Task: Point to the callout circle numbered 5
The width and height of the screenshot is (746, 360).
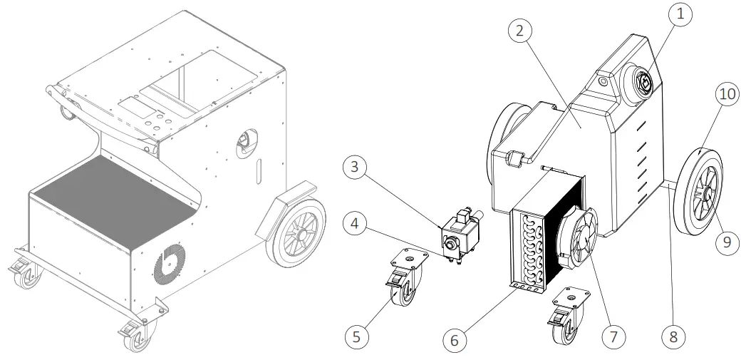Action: [357, 334]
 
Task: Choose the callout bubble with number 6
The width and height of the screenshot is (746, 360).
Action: [453, 339]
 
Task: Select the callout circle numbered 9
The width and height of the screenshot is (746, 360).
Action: [726, 242]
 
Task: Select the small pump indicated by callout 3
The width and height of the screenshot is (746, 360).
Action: [459, 232]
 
